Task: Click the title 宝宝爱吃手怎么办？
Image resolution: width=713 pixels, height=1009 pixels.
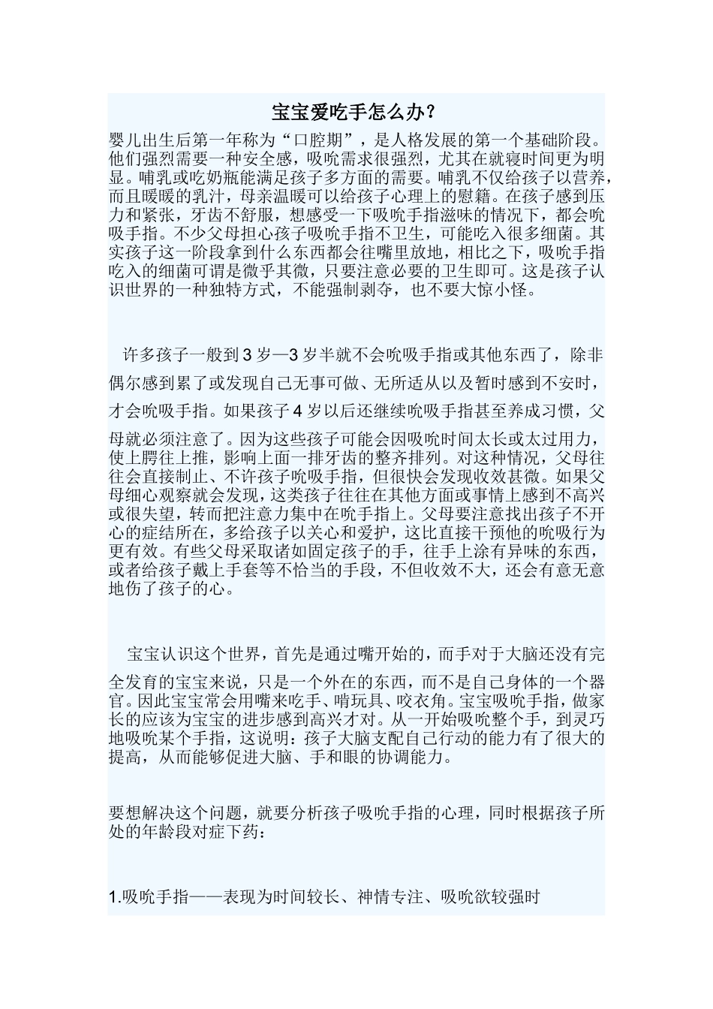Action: point(354,113)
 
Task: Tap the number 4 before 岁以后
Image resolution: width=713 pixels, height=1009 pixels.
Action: point(299,411)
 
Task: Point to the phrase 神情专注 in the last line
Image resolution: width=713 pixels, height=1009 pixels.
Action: point(389,898)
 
